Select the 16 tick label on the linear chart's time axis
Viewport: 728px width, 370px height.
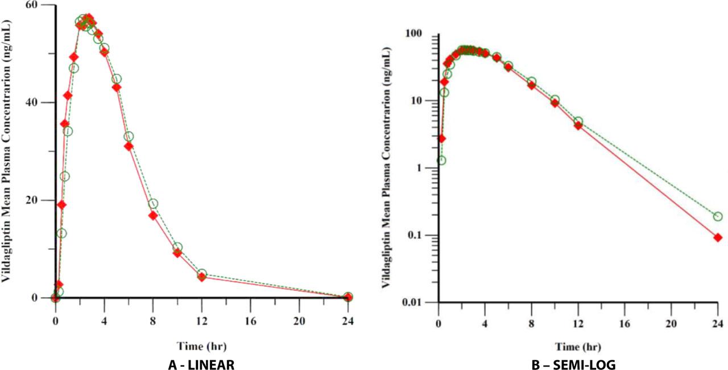tap(250, 320)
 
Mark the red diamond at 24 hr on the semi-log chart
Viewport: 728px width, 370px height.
tap(718, 237)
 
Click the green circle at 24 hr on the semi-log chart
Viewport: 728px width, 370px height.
tap(718, 216)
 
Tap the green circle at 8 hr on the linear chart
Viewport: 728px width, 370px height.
tap(153, 204)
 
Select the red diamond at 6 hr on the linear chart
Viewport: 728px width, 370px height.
tap(129, 146)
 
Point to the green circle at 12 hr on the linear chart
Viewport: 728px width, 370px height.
tap(202, 274)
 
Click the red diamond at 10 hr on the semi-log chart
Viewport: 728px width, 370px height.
tap(555, 103)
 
